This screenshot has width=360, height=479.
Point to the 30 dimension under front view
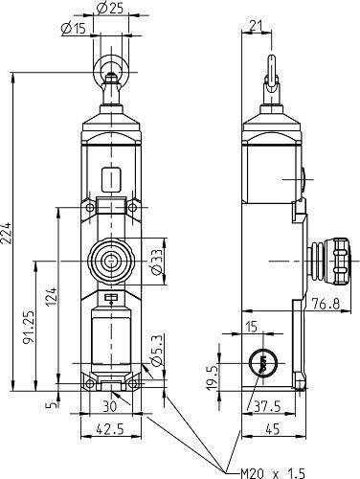(111, 405)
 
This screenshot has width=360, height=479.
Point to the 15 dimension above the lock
(251, 328)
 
